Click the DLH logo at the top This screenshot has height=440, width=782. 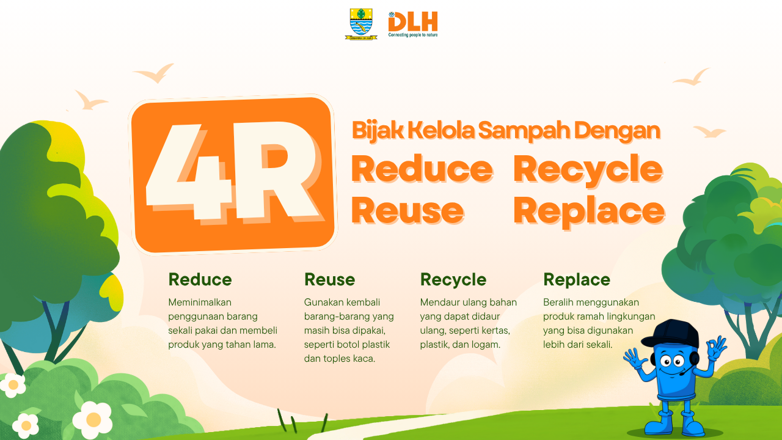(413, 22)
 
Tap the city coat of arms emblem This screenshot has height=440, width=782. (361, 23)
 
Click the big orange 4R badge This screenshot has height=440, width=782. (233, 175)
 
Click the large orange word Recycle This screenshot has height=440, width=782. (588, 169)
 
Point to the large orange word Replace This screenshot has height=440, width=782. (588, 211)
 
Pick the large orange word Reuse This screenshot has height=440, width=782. (407, 211)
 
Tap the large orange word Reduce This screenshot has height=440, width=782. (422, 169)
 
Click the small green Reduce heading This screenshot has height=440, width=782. (200, 279)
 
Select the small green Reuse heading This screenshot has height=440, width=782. (329, 279)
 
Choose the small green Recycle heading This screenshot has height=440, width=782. (453, 279)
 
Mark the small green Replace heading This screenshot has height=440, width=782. (576, 279)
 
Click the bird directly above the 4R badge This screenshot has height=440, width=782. (155, 74)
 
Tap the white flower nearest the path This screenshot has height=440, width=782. (93, 419)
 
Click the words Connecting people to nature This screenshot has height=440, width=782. (413, 35)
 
